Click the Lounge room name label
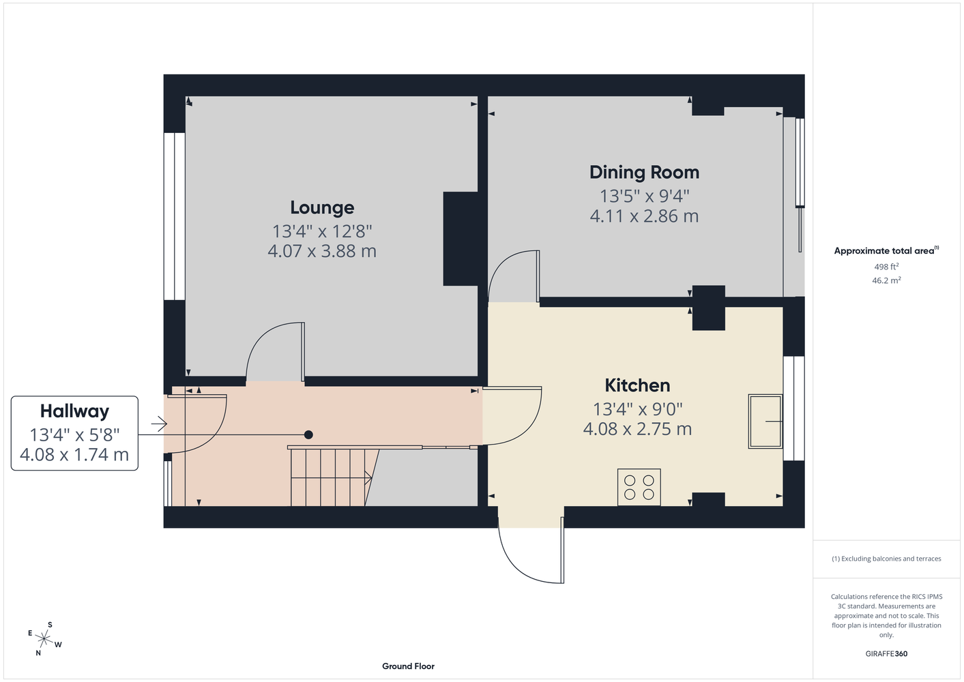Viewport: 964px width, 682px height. point(322,207)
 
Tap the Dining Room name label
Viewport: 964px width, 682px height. point(644,172)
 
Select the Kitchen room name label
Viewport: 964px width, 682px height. point(637,385)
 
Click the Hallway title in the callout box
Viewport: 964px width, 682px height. point(74,411)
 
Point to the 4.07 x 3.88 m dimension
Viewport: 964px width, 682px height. point(322,251)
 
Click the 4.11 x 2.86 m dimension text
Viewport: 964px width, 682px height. point(644,216)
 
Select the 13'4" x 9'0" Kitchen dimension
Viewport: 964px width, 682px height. point(637,409)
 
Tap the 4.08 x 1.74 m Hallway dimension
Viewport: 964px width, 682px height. point(74,454)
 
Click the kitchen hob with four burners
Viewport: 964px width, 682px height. point(639,487)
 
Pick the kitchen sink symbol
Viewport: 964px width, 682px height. point(765,421)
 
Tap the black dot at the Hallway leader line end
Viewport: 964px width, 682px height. point(308,435)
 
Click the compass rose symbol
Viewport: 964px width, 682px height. point(44,639)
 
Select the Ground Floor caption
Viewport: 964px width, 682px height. point(408,666)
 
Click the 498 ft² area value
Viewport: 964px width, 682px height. point(886,267)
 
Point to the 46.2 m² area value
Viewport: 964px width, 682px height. point(886,280)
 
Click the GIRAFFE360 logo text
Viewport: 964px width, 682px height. point(886,653)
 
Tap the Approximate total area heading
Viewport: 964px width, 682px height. point(886,251)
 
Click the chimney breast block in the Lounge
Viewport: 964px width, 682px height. point(461,239)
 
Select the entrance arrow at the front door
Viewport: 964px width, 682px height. point(159,424)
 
